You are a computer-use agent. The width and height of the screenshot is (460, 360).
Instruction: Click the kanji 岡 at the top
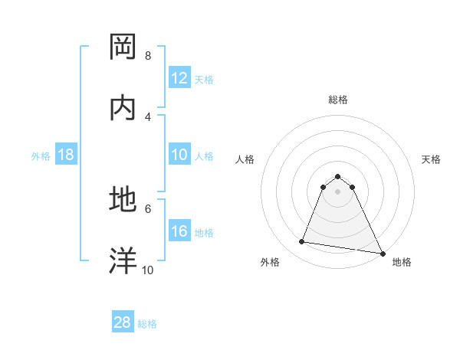coord(124,47)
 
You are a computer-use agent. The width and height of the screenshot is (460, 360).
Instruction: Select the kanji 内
coord(124,108)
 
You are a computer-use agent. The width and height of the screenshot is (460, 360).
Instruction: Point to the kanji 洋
coord(124,260)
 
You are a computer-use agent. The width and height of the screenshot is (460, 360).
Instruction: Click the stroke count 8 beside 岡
coord(147,56)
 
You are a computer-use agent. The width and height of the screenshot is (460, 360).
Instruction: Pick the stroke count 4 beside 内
coord(147,116)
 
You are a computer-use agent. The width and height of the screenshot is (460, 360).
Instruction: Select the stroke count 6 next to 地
coord(147,208)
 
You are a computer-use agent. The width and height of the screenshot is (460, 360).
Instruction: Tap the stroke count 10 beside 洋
coord(148,270)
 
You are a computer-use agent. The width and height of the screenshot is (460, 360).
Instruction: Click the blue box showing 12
coord(179,78)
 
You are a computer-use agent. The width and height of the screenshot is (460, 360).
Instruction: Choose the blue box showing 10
coord(179,155)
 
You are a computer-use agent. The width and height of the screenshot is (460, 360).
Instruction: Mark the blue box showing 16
coord(179,231)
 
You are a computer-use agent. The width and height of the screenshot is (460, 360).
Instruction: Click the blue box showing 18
coord(66,155)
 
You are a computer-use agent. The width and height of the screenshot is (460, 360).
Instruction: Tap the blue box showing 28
coord(123,322)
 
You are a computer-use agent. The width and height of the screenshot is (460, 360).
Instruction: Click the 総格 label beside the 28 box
coord(147,324)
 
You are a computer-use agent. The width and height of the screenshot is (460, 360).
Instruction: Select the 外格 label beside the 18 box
coord(41,156)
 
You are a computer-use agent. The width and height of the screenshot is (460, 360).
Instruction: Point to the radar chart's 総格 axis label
coord(338,100)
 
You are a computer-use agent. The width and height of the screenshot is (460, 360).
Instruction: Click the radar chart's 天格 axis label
coord(432,159)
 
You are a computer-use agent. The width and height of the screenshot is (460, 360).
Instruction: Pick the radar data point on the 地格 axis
coord(382,252)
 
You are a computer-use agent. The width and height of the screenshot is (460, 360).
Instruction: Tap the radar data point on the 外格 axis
coord(302,242)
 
